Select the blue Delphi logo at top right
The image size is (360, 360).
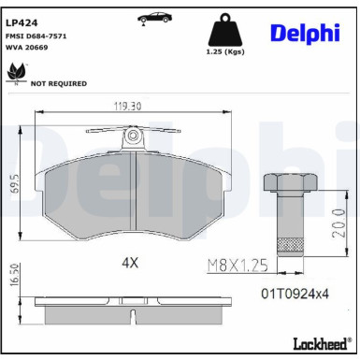click(x=306, y=33)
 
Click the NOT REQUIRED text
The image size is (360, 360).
click(x=60, y=83)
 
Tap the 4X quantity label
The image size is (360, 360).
click(x=129, y=263)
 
